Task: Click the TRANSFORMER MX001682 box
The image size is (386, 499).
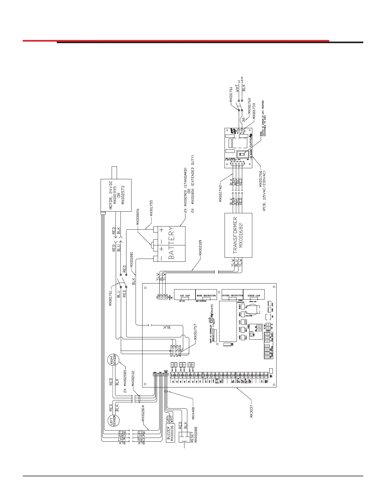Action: (x=238, y=235)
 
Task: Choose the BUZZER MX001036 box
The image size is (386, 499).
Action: (x=170, y=433)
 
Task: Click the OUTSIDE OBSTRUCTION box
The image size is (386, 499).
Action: (x=232, y=295)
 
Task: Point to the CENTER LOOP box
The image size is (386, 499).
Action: (x=254, y=295)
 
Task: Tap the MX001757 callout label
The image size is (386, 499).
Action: (x=196, y=332)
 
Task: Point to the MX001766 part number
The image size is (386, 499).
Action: (x=261, y=179)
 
